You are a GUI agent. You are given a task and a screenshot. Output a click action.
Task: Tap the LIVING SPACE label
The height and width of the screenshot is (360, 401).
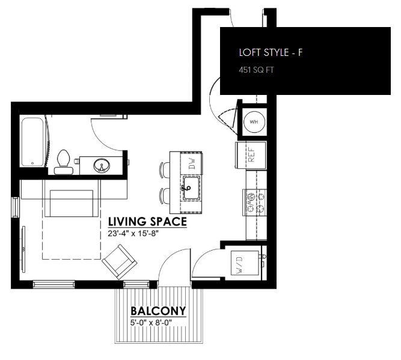pyautogui.click(x=147, y=222)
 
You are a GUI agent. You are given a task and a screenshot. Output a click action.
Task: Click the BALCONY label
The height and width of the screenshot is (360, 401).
pyautogui.click(x=158, y=311)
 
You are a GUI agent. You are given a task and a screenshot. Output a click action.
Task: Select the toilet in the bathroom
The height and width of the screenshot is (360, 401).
pyautogui.click(x=62, y=161)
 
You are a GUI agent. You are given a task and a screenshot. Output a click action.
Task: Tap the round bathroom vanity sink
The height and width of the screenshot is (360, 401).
pyautogui.click(x=101, y=165)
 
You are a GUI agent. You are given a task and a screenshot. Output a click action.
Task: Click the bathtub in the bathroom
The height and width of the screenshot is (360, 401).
pyautogui.click(x=32, y=142)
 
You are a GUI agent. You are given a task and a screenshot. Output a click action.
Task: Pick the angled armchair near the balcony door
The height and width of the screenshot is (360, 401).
pyautogui.click(x=118, y=263)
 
